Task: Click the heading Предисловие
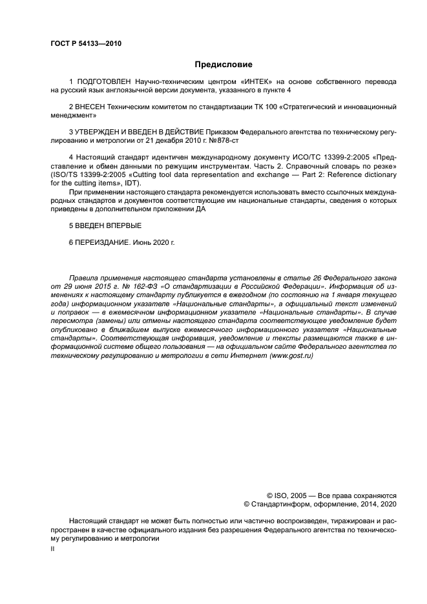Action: (x=224, y=65)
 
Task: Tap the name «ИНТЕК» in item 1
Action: (x=256, y=82)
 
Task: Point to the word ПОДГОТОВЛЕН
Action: (x=105, y=82)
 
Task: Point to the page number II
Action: (x=52, y=548)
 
